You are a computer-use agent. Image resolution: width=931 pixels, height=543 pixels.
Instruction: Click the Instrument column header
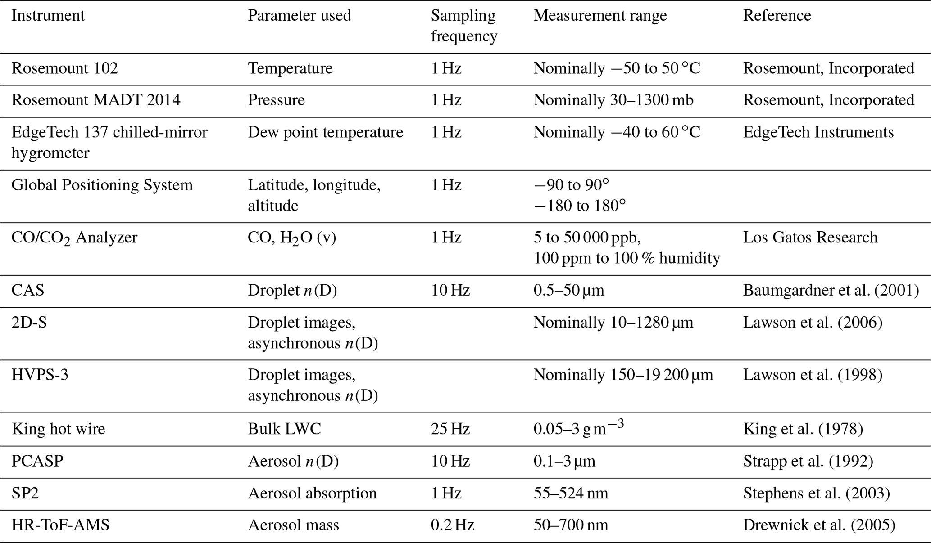48,16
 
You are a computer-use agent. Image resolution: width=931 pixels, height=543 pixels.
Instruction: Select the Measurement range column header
600,16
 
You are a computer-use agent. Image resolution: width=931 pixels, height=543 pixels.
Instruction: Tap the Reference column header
777,16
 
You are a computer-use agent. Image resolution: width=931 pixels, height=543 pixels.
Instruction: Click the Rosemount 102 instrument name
64,68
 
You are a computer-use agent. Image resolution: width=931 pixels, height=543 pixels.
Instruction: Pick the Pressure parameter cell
276,100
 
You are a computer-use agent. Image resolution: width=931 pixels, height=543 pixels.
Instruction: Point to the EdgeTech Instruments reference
818,132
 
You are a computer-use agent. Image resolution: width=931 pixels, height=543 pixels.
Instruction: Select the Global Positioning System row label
102,185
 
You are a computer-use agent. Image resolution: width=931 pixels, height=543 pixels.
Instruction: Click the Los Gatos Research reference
810,238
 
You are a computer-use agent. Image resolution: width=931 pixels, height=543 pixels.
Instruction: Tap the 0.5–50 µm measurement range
568,291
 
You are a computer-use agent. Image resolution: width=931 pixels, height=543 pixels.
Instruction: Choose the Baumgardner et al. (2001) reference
831,291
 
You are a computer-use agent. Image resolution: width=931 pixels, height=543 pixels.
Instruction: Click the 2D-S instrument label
29,323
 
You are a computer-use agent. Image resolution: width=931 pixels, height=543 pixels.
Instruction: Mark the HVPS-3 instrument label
40,375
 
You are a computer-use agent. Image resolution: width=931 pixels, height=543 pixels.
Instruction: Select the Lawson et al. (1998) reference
812,375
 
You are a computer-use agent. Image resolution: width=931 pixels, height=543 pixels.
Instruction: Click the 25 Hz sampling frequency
450,429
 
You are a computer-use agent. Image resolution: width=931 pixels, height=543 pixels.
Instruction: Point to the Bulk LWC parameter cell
284,429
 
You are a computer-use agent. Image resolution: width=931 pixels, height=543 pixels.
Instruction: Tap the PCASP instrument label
37,462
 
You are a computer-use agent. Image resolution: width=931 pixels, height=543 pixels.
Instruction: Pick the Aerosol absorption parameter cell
312,494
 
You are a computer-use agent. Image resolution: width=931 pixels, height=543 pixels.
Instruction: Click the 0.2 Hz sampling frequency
452,525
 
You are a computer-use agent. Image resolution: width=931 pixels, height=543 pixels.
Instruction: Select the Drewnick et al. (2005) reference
819,525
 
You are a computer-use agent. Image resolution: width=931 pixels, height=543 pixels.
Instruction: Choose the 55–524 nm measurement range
571,494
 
